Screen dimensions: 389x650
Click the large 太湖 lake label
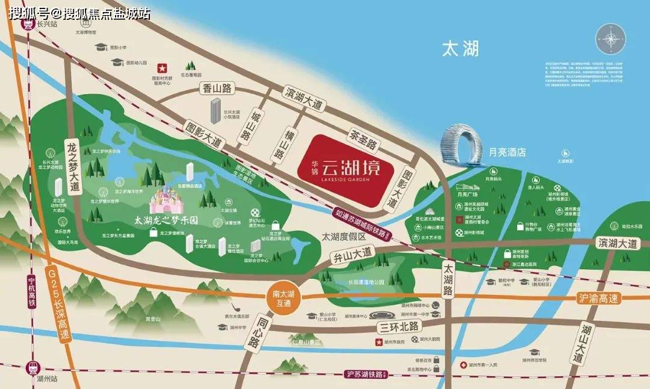point(460,49)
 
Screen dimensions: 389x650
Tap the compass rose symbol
point(612,39)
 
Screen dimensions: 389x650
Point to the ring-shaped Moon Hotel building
point(463,145)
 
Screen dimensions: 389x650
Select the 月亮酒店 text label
point(507,152)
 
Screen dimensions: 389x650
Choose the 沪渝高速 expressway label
point(598,297)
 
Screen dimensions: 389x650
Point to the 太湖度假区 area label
point(344,237)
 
